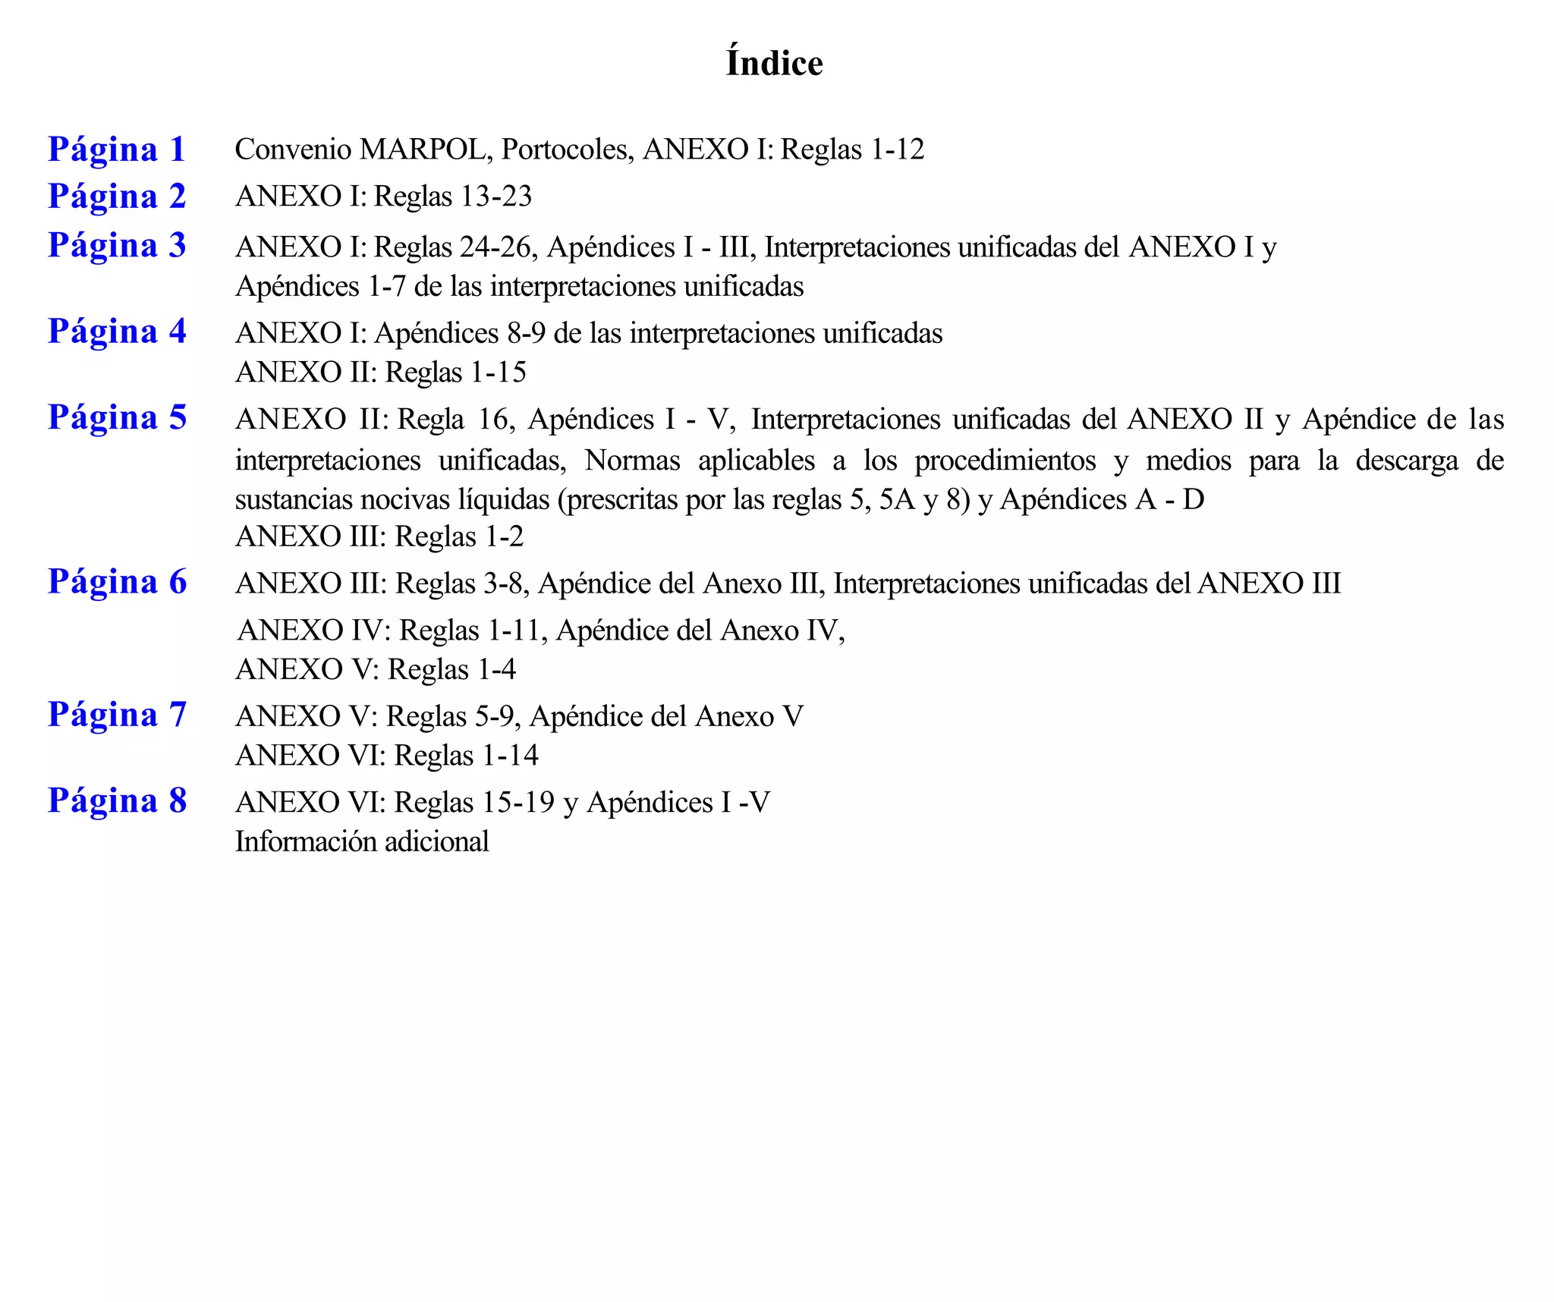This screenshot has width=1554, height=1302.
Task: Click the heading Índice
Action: point(774,63)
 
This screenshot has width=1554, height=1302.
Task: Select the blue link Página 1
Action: point(117,149)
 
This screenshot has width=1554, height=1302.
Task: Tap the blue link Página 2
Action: point(117,197)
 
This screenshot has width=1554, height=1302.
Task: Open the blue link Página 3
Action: point(117,246)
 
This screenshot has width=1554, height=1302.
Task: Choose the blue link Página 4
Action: point(117,332)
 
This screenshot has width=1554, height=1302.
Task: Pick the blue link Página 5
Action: point(117,418)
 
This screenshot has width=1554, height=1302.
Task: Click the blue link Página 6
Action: point(117,583)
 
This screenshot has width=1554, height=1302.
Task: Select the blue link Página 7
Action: point(117,715)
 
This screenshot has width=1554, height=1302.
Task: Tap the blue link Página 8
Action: point(117,801)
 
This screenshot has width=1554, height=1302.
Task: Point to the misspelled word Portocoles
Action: point(567,149)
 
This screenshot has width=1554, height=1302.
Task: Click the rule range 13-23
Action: point(496,197)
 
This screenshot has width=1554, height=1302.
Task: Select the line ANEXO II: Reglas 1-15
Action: point(380,373)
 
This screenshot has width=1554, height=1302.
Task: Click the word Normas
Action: point(632,461)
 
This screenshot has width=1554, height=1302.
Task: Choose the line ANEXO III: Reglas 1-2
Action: point(379,537)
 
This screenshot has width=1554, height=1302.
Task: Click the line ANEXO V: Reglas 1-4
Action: point(376,670)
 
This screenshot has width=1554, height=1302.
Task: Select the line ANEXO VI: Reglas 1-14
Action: point(387,756)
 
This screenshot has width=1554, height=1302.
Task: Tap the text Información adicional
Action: point(362,842)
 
